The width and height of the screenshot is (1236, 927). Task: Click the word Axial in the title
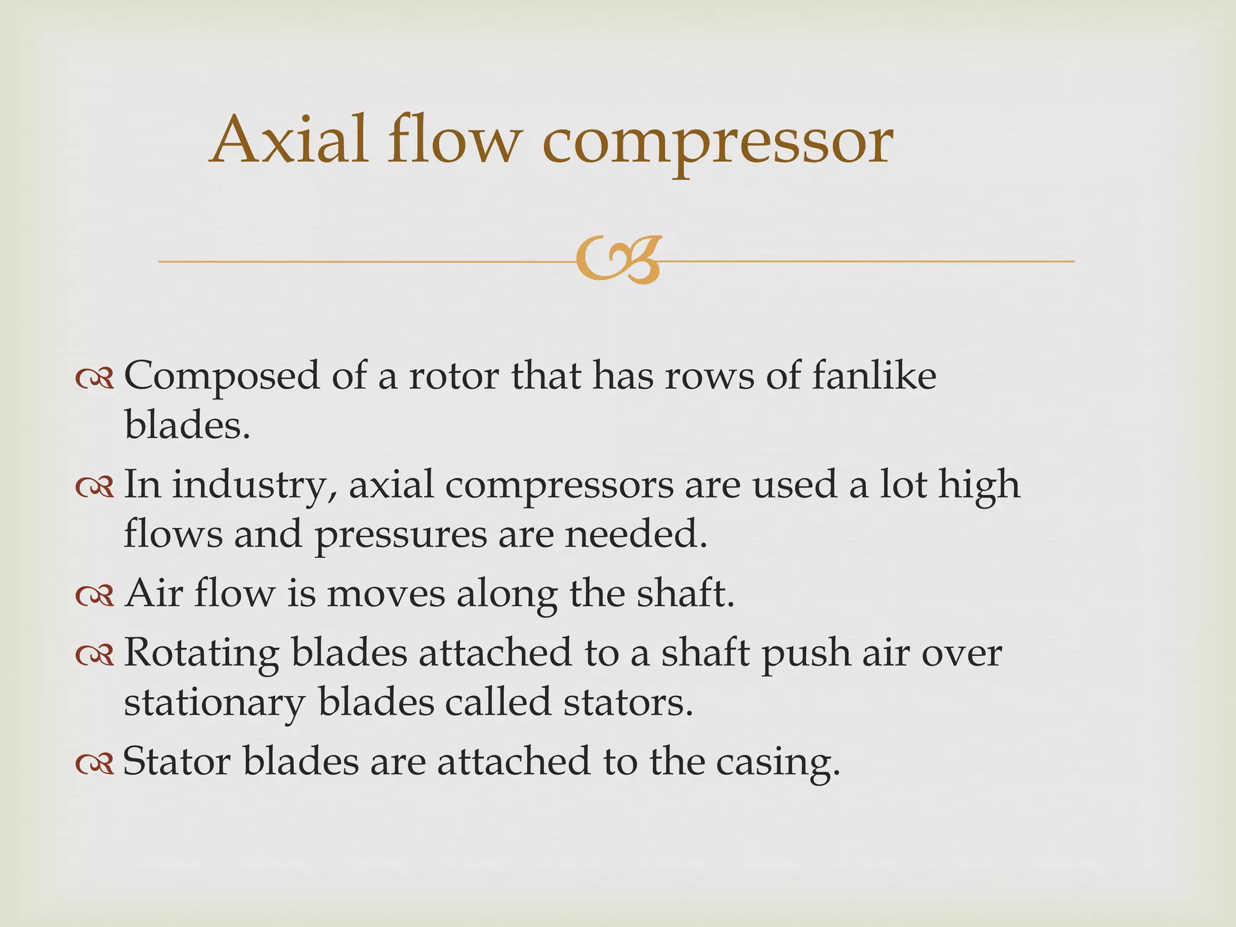288,140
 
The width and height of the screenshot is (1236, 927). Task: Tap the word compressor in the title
718,145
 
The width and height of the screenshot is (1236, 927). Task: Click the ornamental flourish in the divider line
618,261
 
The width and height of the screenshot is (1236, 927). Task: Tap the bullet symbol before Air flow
95,596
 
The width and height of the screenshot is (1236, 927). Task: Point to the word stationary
215,704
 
